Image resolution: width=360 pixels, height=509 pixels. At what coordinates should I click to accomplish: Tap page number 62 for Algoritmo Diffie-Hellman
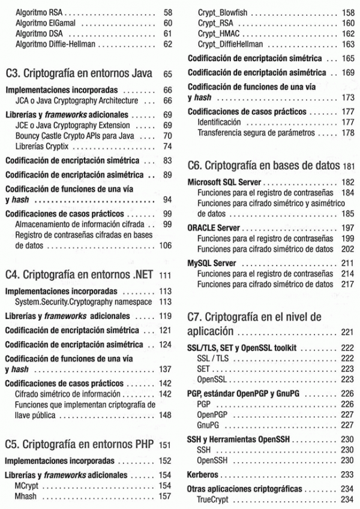click(x=167, y=44)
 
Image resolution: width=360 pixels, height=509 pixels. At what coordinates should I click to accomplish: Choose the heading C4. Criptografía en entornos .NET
click(x=80, y=275)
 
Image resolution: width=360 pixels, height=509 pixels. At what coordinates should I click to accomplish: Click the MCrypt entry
click(x=27, y=485)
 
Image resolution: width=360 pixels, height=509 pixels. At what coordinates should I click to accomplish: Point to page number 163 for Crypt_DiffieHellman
click(x=347, y=44)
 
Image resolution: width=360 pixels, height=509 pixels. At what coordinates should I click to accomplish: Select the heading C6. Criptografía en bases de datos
click(x=265, y=165)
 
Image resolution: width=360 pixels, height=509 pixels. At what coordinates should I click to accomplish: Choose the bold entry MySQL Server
click(x=211, y=263)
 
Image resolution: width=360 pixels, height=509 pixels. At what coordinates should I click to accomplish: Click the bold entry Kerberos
click(x=203, y=474)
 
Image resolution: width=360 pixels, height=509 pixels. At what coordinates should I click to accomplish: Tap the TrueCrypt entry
click(x=214, y=499)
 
